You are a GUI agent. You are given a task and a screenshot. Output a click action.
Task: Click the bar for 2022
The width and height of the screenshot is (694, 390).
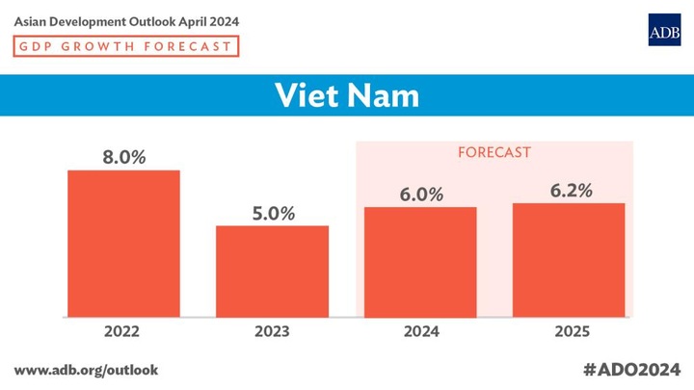[123, 243]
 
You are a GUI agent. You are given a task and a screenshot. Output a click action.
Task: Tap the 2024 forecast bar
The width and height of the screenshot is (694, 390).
[420, 261]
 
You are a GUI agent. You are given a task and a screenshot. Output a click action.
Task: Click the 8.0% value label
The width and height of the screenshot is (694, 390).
[123, 156]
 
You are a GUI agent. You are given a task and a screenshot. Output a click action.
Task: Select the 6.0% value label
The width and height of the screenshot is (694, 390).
[420, 195]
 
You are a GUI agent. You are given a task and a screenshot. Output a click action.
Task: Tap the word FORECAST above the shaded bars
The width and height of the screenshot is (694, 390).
[494, 152]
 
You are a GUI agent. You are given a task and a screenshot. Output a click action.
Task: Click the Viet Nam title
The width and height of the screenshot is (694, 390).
[347, 96]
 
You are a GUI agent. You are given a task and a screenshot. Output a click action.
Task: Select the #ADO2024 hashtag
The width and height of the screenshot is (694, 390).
[631, 370]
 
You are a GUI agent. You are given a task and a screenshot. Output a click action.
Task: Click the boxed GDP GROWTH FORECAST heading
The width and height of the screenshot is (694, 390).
[125, 46]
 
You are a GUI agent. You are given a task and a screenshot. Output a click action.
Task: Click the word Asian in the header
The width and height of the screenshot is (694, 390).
[33, 20]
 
